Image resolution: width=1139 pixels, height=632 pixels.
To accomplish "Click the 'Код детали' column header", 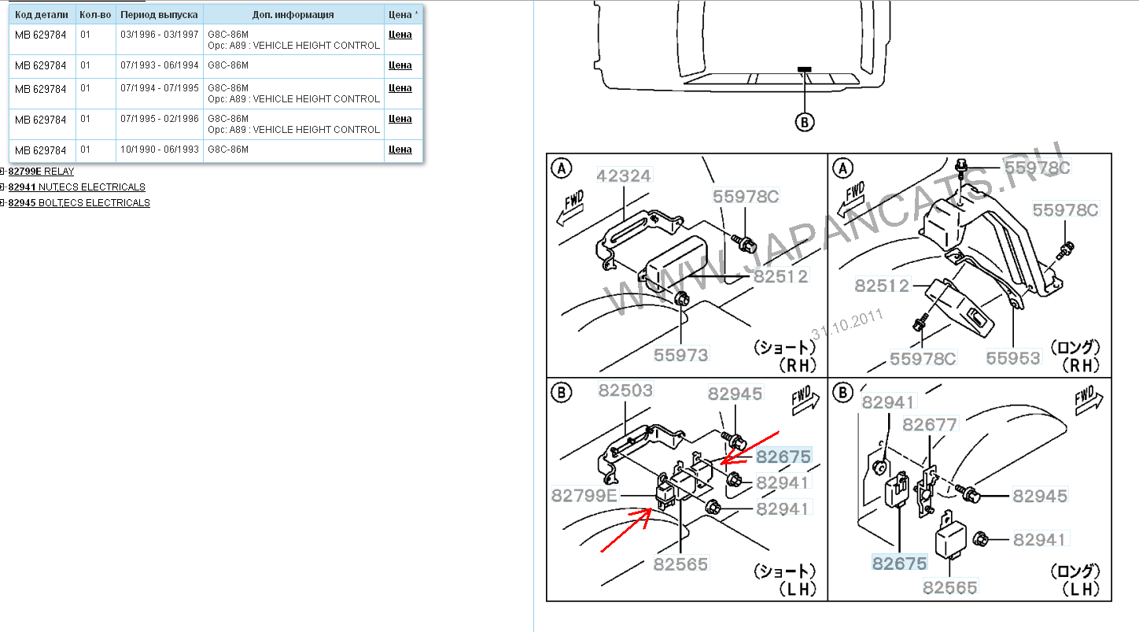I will [x=41, y=14].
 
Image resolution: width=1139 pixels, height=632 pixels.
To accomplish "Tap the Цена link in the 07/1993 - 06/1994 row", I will [x=400, y=65].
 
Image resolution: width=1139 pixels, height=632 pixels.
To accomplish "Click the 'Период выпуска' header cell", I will [x=159, y=14].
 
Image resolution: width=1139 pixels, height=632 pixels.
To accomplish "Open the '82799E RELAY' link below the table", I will [x=41, y=171].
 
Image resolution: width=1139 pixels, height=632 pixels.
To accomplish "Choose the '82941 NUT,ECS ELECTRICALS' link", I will [x=76, y=187].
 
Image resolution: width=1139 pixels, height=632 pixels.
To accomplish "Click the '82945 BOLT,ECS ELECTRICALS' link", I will [x=79, y=203].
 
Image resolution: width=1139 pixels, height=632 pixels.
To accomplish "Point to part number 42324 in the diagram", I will [x=624, y=176].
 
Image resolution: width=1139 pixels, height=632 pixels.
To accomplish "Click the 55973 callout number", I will [x=681, y=355].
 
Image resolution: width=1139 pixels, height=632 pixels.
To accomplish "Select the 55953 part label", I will [x=1013, y=358].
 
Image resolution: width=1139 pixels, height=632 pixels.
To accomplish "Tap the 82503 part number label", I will [x=625, y=390].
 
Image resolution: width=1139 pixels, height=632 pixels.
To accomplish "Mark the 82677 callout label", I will [x=930, y=425].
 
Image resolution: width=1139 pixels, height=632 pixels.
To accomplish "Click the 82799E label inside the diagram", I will [x=584, y=496].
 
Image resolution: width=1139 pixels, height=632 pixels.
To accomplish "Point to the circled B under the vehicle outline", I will [x=804, y=122].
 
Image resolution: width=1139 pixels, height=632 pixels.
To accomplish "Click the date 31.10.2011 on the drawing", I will [x=847, y=323].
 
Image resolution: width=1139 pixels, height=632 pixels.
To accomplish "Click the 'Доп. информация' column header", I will [x=293, y=14].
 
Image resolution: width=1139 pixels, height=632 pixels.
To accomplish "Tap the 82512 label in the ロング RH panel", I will [x=882, y=286].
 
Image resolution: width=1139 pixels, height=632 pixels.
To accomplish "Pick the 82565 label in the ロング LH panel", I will [x=950, y=587].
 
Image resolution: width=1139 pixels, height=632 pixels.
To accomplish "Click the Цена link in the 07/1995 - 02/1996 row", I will [x=400, y=119].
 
